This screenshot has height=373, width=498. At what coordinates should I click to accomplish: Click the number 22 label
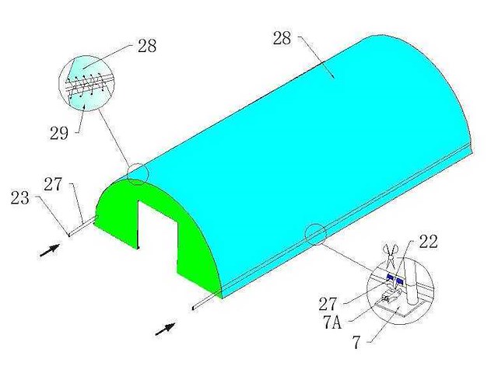tap(428, 242)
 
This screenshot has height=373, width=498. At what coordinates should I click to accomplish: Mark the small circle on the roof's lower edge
tap(316, 233)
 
